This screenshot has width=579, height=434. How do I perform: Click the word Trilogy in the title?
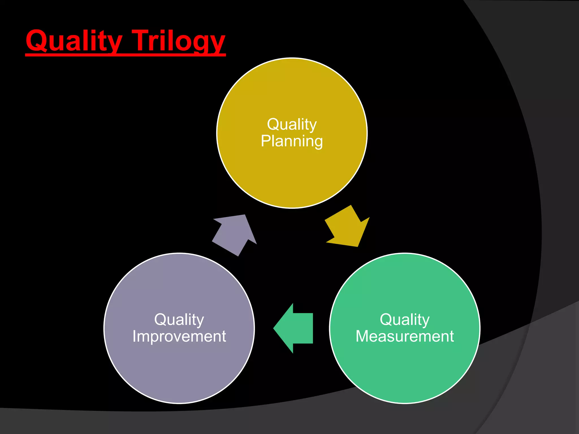[x=179, y=41]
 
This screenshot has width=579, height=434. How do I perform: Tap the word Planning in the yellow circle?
[x=292, y=141]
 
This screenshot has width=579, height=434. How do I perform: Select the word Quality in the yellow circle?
[x=292, y=124]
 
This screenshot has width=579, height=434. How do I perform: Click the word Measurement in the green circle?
[x=405, y=336]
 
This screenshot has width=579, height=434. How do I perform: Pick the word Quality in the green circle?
[x=405, y=320]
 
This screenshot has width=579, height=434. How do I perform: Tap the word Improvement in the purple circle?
[x=179, y=336]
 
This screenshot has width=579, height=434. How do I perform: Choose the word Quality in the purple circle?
[x=179, y=320]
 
